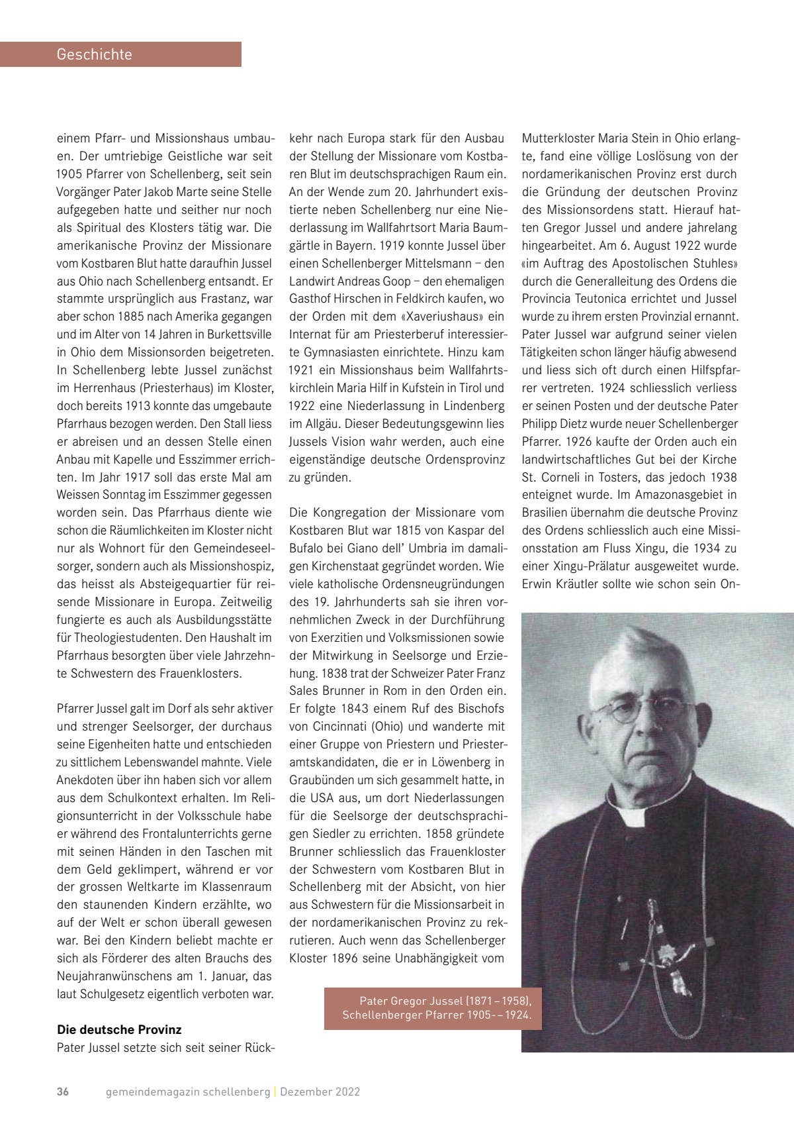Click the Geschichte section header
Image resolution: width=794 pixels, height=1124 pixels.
coord(95,54)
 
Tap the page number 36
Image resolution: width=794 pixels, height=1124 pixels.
coord(63,1092)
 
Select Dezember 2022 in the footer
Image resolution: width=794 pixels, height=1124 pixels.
coord(320,1092)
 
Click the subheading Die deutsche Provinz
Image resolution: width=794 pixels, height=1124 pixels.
coord(119,1029)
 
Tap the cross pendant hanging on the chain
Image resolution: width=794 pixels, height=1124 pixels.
coord(664,954)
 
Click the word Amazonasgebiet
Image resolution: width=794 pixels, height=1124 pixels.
coord(675,495)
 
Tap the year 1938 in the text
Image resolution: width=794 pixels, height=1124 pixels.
coord(723,477)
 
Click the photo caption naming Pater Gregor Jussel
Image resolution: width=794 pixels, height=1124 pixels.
coord(437,1008)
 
